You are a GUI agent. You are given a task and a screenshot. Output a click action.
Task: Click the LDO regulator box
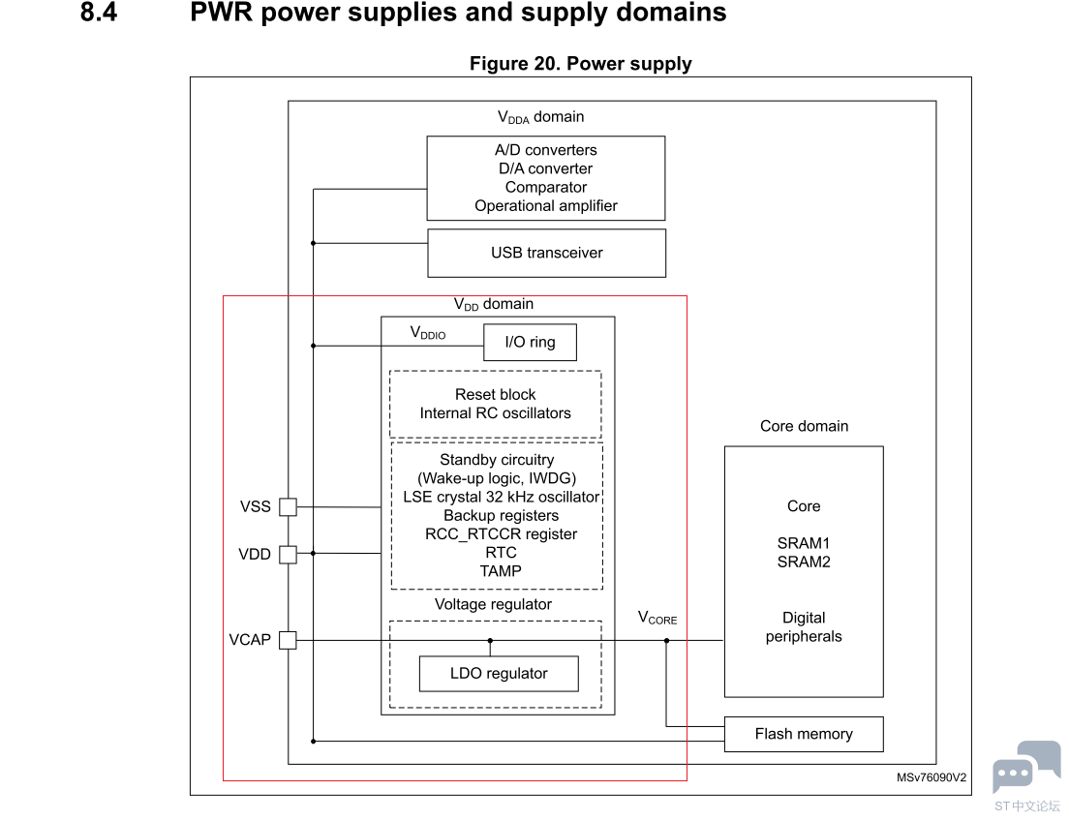tap(499, 674)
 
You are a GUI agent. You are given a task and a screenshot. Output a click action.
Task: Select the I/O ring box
tap(530, 343)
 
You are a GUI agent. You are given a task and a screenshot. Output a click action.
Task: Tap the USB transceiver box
tap(546, 254)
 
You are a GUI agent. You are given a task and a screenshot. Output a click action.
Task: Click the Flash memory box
tap(804, 734)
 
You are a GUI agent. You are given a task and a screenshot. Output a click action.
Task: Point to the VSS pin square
tap(288, 506)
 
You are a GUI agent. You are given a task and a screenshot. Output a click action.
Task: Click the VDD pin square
tap(288, 554)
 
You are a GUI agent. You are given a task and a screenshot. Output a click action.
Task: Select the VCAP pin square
tap(288, 640)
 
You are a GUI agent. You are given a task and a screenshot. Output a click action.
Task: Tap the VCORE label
tap(657, 618)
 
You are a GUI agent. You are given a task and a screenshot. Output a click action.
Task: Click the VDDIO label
tap(428, 333)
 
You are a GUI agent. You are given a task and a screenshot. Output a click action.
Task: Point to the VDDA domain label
tap(540, 117)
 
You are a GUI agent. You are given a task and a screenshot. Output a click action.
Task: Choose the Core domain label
tap(804, 426)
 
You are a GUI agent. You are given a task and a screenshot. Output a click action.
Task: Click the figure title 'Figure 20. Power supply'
tap(580, 64)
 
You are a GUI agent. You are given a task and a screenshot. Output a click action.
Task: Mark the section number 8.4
tap(99, 14)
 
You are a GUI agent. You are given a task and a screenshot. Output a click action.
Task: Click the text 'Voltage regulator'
tap(493, 605)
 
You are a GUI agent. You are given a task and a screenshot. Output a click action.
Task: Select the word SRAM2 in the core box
tap(804, 562)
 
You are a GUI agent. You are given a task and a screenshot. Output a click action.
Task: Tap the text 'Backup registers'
tap(501, 515)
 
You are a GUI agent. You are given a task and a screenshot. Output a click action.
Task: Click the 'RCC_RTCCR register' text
tap(501, 533)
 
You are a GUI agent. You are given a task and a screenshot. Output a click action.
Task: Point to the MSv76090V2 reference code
tap(931, 777)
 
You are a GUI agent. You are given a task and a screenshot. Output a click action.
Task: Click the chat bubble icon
tap(1025, 766)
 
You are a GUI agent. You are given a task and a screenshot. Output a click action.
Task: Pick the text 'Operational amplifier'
tap(546, 205)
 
